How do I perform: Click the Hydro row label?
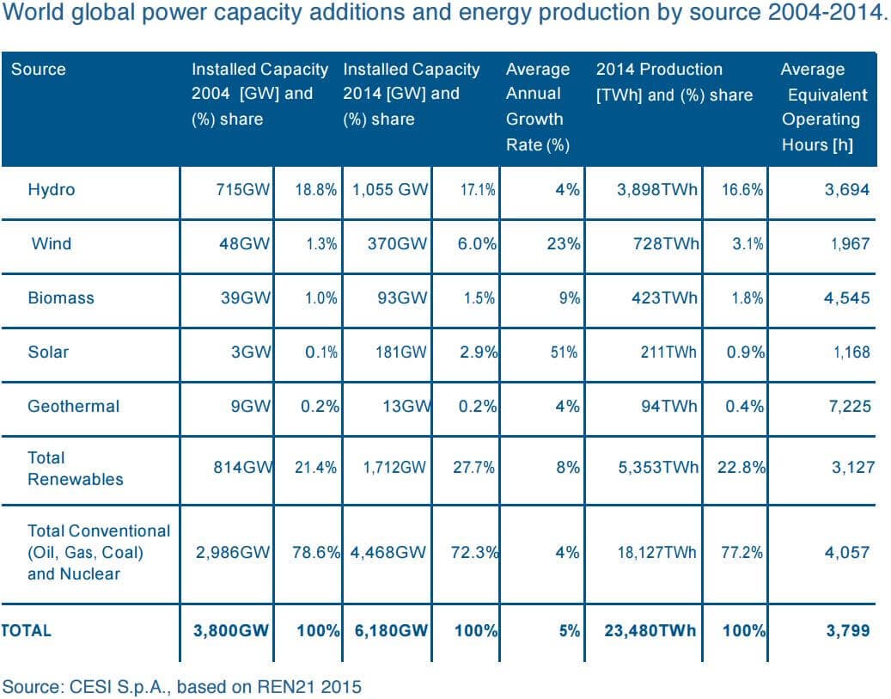[x=51, y=190]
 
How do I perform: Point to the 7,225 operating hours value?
[x=847, y=406]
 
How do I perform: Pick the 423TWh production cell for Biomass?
[x=657, y=297]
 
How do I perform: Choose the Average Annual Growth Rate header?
[x=537, y=107]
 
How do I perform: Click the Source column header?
[x=38, y=69]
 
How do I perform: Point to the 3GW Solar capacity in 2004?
[x=251, y=352]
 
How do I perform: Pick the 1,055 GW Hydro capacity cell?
[x=389, y=190]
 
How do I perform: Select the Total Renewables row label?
[x=75, y=468]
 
